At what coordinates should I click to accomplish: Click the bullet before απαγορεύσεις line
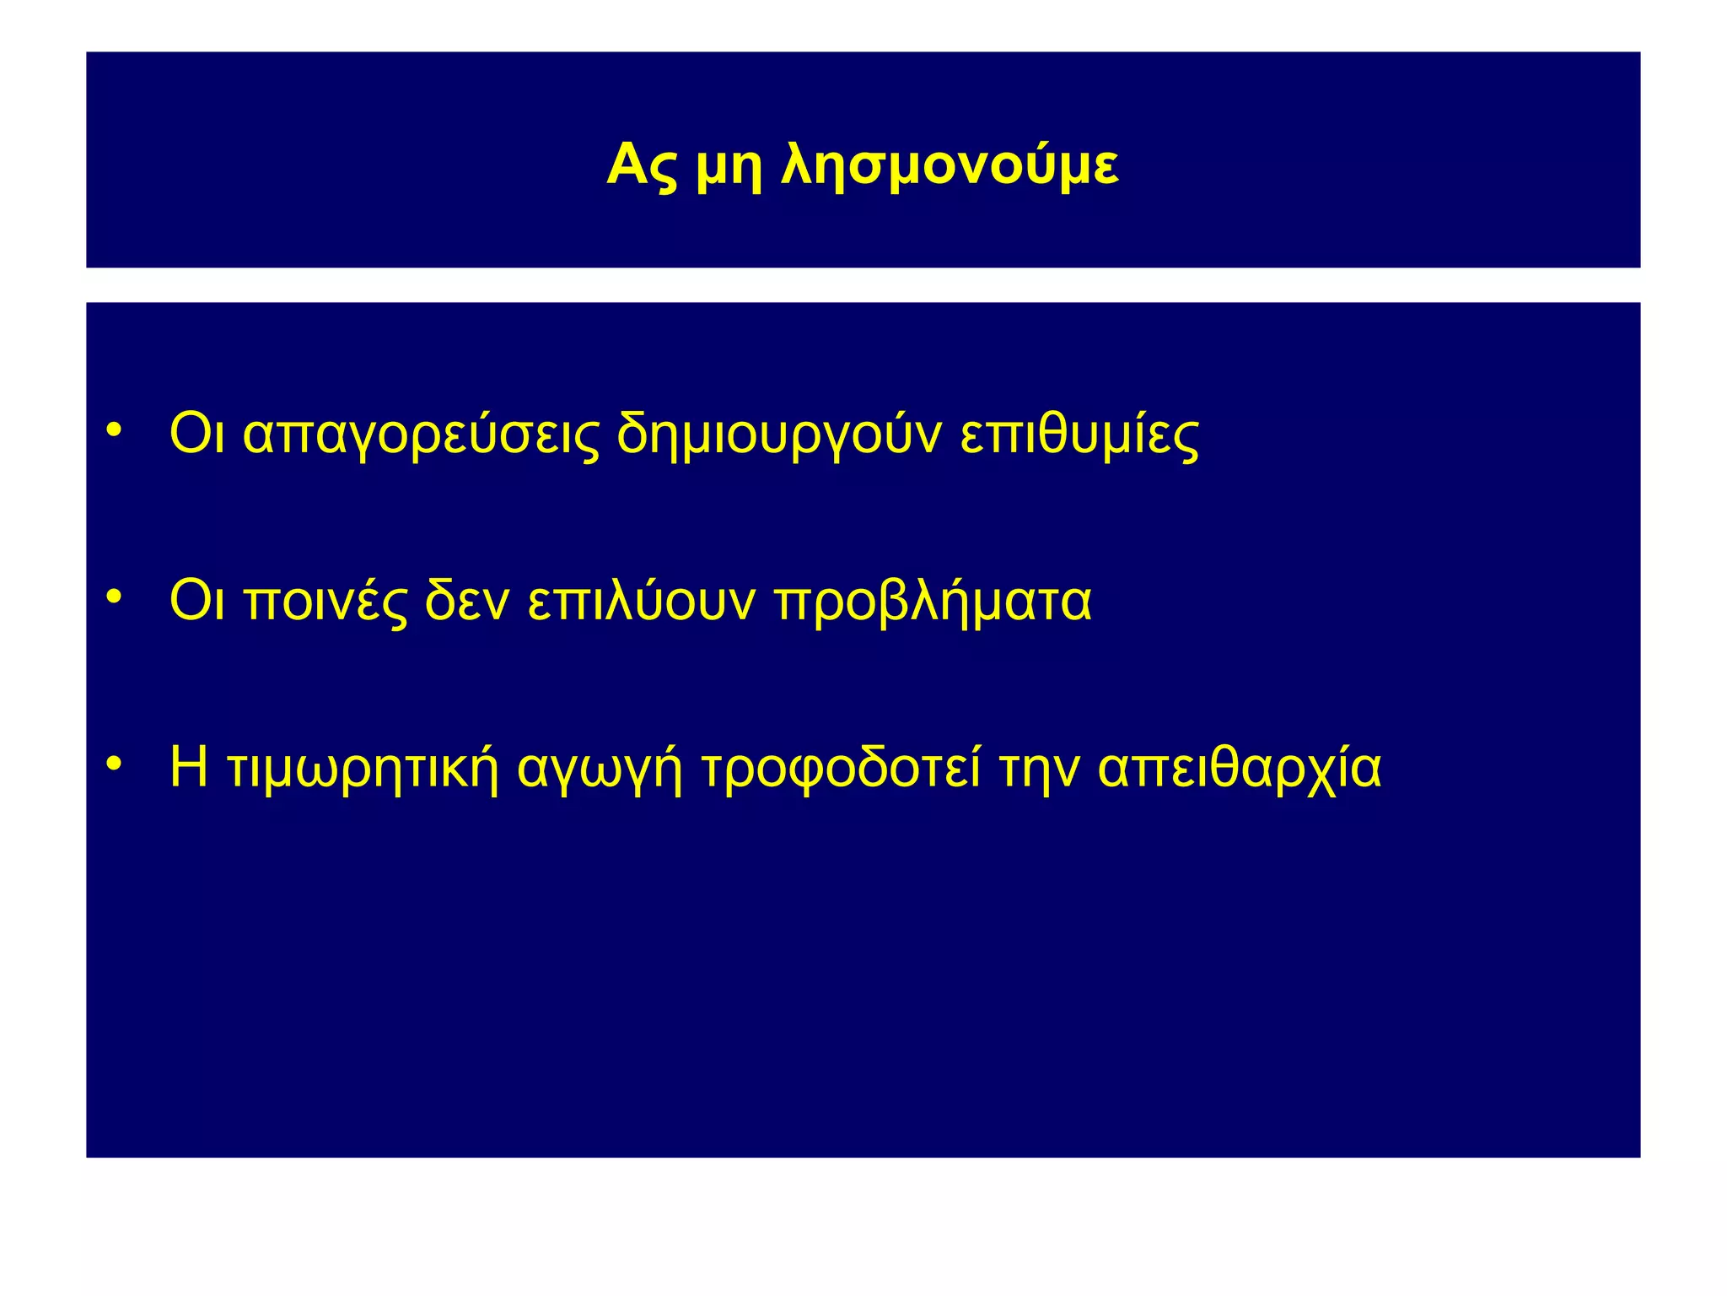coord(115,431)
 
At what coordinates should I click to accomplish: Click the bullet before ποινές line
coord(115,597)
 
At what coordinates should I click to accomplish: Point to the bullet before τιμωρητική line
coord(115,764)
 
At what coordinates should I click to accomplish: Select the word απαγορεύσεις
coord(422,435)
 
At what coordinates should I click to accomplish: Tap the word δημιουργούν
coord(778,435)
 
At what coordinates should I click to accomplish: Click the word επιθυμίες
coord(1079,435)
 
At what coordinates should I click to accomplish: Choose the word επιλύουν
coord(641,602)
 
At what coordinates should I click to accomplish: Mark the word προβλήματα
coord(933,602)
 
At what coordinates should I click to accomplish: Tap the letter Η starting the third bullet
coord(188,767)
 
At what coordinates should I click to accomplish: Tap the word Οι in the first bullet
coord(196,435)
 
